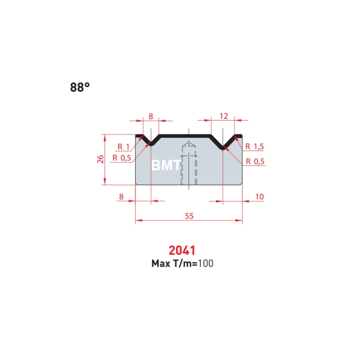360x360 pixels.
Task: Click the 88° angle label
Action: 80,88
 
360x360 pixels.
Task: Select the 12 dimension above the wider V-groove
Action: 224,116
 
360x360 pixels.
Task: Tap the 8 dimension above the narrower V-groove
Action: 151,116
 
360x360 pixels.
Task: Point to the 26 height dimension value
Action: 100,160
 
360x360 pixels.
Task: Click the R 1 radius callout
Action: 124,146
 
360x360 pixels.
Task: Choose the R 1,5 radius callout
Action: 254,146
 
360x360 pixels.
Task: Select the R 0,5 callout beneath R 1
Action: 121,158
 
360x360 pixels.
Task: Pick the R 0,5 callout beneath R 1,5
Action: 254,162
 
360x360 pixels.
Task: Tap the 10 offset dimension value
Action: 259,197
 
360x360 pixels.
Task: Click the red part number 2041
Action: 182,251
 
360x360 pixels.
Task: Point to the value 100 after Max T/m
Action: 205,264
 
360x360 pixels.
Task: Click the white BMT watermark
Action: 166,165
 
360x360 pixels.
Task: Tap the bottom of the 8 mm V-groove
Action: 151,144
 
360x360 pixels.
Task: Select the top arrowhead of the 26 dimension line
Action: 105,137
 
